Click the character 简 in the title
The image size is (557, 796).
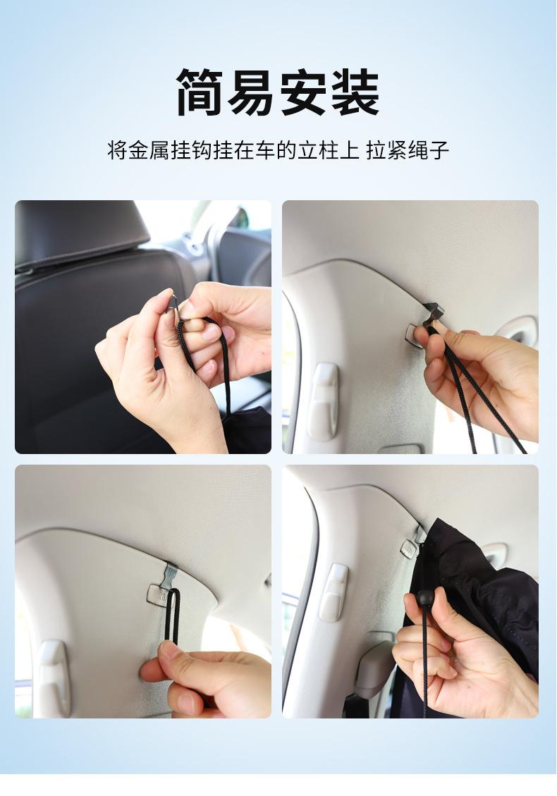click(200, 92)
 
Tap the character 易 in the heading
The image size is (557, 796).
click(252, 92)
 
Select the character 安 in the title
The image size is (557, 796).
click(304, 92)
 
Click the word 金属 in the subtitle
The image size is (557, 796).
click(148, 151)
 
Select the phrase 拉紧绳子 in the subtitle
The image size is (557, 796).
click(408, 151)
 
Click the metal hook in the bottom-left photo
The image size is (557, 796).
click(171, 573)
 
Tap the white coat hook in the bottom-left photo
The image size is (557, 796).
click(54, 678)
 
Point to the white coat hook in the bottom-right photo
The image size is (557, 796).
click(333, 592)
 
